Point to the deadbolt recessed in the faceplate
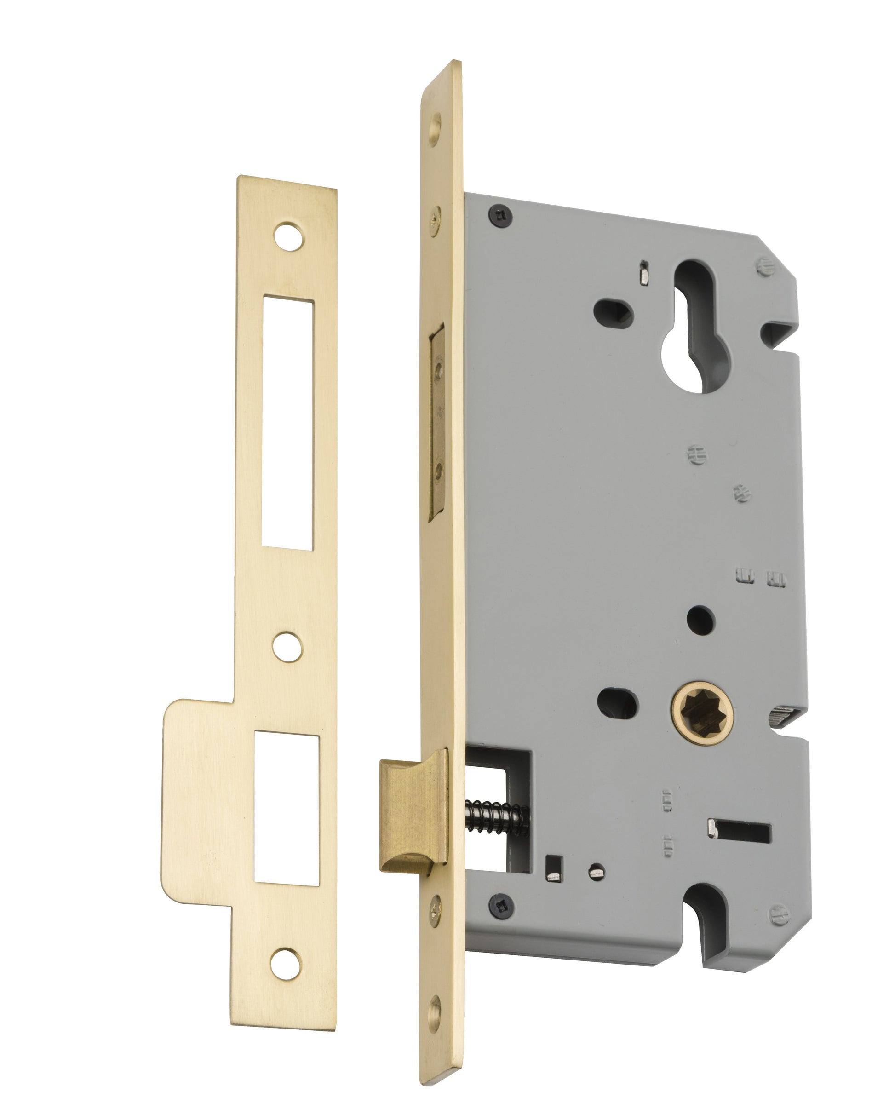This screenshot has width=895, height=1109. click(437, 422)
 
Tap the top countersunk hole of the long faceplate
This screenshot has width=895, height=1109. click(436, 124)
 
